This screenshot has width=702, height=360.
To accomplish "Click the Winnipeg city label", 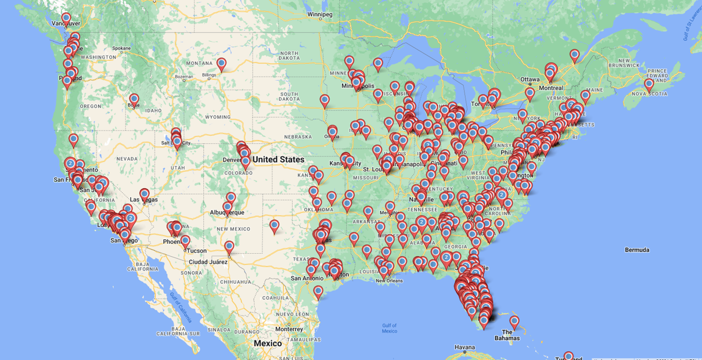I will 319,14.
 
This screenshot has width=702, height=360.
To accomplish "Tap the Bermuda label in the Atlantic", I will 637,250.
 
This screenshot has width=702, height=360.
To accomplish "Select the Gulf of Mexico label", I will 389,328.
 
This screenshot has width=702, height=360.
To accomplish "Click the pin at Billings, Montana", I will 221,64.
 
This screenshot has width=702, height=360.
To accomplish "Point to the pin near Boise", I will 134,100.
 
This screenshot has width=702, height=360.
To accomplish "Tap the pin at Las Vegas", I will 144,195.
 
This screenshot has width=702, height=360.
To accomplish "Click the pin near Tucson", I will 185,241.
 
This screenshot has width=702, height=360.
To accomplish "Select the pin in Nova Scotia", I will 649,84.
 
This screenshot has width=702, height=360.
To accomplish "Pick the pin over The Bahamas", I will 514,322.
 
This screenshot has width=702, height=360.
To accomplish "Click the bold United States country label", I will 278,160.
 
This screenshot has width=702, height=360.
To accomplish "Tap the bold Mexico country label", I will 268,343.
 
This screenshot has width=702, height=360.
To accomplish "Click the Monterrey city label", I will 290,329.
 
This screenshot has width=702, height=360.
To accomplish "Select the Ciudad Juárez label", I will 208,262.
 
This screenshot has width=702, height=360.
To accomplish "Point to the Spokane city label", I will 121,48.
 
